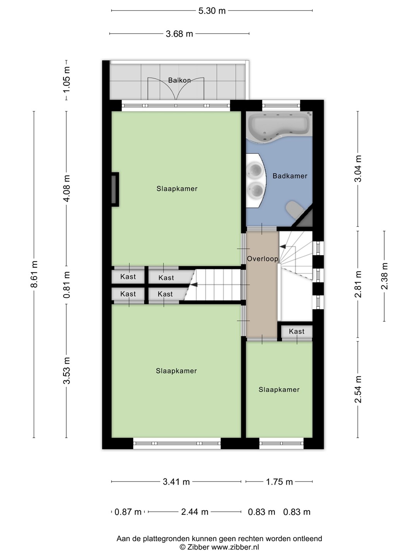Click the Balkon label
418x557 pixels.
tap(180, 80)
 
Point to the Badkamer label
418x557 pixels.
tap(290, 176)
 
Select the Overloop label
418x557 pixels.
tap(263, 259)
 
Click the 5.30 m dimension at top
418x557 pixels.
tap(212, 11)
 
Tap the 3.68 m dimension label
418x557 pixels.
tap(180, 34)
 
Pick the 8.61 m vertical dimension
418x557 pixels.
tap(34, 274)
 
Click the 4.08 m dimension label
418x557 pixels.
tap(67, 188)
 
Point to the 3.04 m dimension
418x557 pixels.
tap(358, 169)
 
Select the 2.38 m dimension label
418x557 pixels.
tap(384, 276)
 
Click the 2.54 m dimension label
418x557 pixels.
tap(358, 389)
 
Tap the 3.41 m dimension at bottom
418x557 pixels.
tap(176, 482)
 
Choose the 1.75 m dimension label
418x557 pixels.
tap(279, 482)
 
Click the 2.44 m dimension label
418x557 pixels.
tap(195, 512)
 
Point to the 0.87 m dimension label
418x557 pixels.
tap(128, 512)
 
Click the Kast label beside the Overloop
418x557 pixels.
tap(296, 331)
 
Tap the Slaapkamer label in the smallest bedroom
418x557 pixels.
tap(279, 390)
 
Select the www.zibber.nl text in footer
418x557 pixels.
tap(235, 547)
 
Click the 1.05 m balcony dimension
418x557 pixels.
tap(67, 80)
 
